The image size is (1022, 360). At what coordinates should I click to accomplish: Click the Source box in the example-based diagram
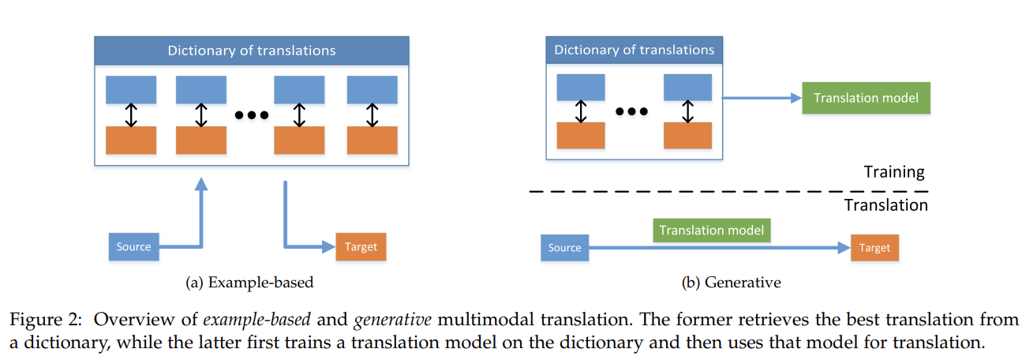133,247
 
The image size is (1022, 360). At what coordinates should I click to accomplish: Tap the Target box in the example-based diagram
361,247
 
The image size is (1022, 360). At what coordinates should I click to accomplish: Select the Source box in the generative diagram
565,248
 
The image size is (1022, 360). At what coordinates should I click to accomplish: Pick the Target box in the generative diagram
874,248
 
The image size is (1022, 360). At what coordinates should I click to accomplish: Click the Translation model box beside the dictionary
866,98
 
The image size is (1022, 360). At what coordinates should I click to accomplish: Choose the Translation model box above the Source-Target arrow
712,231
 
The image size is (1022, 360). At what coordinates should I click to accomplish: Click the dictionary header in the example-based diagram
252,51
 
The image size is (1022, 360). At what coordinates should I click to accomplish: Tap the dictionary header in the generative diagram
635,50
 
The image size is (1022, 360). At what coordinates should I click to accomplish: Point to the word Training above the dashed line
894,172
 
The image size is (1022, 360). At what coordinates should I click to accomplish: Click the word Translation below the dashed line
886,205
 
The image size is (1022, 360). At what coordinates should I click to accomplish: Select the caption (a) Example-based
249,283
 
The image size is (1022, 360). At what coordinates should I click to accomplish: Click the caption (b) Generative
732,283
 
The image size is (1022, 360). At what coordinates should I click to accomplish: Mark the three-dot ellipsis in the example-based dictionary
252,115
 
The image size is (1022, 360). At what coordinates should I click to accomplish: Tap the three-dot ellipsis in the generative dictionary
631,111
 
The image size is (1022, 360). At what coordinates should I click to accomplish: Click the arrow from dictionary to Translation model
762,98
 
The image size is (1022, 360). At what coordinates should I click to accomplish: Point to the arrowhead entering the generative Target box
844,248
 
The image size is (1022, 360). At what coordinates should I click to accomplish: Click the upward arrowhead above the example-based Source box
200,184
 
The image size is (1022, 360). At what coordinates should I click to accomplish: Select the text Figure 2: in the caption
46,320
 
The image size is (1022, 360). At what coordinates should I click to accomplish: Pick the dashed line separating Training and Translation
728,191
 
